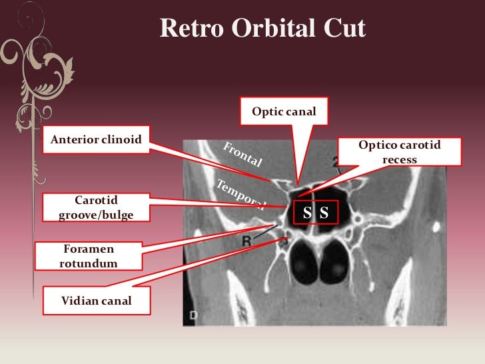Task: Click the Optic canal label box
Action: click(280, 110)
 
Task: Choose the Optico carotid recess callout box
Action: click(400, 152)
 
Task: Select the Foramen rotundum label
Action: click(89, 255)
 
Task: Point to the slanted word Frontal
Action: click(243, 154)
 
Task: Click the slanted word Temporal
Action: click(240, 193)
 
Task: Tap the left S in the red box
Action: click(307, 213)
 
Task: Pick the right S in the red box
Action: click(324, 213)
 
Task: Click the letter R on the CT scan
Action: click(246, 241)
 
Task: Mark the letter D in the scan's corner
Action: click(191, 313)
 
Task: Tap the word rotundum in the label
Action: click(89, 263)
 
